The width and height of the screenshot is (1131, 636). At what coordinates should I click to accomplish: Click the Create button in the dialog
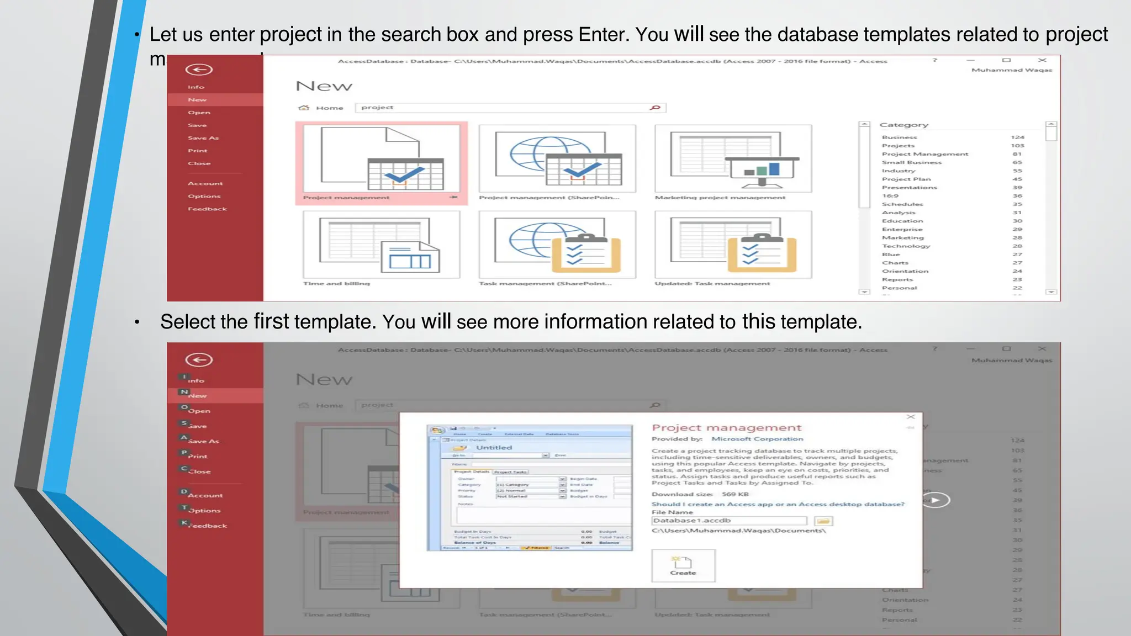(x=683, y=565)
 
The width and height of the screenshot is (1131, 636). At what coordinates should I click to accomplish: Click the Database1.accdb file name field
(x=729, y=521)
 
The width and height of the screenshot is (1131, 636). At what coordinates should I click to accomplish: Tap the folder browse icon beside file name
(x=823, y=521)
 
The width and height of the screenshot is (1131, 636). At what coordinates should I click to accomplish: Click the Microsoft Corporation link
(x=757, y=439)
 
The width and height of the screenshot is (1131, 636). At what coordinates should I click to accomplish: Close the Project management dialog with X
(x=911, y=417)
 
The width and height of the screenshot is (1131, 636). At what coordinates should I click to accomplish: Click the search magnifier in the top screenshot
(x=656, y=108)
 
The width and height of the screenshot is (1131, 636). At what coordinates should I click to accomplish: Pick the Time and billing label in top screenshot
(x=336, y=283)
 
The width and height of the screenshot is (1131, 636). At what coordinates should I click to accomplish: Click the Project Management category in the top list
(x=924, y=154)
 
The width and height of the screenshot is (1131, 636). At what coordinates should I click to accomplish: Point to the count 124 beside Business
(x=1017, y=137)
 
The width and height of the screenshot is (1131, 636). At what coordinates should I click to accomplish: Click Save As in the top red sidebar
(x=203, y=138)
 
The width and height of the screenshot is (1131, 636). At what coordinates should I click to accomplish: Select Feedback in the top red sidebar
(x=207, y=209)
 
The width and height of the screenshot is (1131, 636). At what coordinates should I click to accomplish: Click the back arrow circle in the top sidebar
(x=199, y=70)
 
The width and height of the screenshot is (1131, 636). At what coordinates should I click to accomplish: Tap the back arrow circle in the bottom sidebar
(x=199, y=360)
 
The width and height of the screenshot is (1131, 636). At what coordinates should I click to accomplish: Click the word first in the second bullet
(x=271, y=321)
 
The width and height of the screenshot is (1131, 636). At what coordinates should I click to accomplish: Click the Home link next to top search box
(x=329, y=108)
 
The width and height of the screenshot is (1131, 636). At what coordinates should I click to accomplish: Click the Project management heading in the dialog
(x=726, y=427)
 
